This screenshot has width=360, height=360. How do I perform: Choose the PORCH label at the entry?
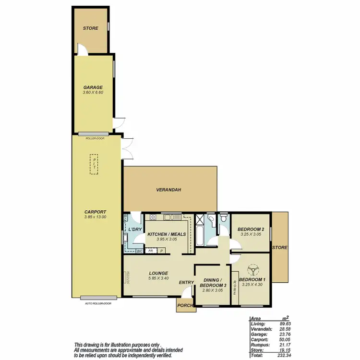(185, 305)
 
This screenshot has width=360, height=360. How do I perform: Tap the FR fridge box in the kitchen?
(151, 251)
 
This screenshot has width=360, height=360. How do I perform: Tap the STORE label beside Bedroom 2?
(279, 248)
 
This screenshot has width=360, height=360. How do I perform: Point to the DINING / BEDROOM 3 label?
(212, 283)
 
